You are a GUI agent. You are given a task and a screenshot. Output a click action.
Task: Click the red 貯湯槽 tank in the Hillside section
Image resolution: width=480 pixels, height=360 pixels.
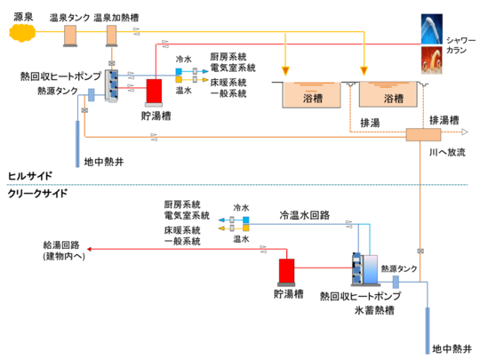(154, 91)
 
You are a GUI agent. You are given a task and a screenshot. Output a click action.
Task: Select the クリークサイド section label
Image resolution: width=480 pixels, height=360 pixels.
(36, 193)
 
